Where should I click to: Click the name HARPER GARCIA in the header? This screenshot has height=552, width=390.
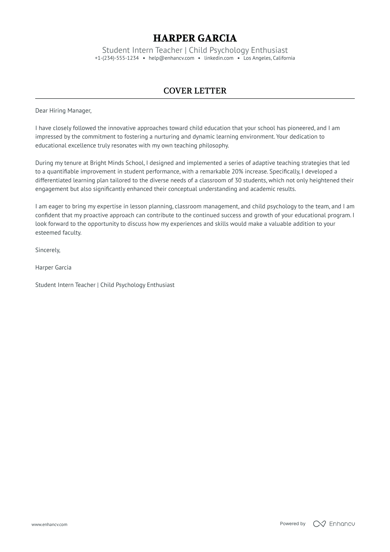195,38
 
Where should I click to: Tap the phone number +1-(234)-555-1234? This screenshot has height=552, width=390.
117,58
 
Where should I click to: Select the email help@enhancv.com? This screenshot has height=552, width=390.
171,58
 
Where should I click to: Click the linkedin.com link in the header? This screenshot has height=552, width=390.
219,58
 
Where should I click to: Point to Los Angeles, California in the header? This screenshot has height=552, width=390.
269,58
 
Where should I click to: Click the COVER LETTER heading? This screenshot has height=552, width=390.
195,91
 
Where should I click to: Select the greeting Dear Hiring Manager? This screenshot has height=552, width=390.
63,111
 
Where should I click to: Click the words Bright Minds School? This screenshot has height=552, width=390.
117,163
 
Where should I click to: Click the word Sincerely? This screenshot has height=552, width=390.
48,250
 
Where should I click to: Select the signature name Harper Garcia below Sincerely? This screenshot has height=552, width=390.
53,268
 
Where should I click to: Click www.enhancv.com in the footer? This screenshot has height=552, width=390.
50,524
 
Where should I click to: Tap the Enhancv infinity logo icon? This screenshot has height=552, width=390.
319,524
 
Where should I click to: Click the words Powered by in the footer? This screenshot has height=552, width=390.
292,524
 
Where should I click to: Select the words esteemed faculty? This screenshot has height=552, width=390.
58,233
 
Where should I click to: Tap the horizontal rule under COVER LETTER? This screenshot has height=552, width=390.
195,99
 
